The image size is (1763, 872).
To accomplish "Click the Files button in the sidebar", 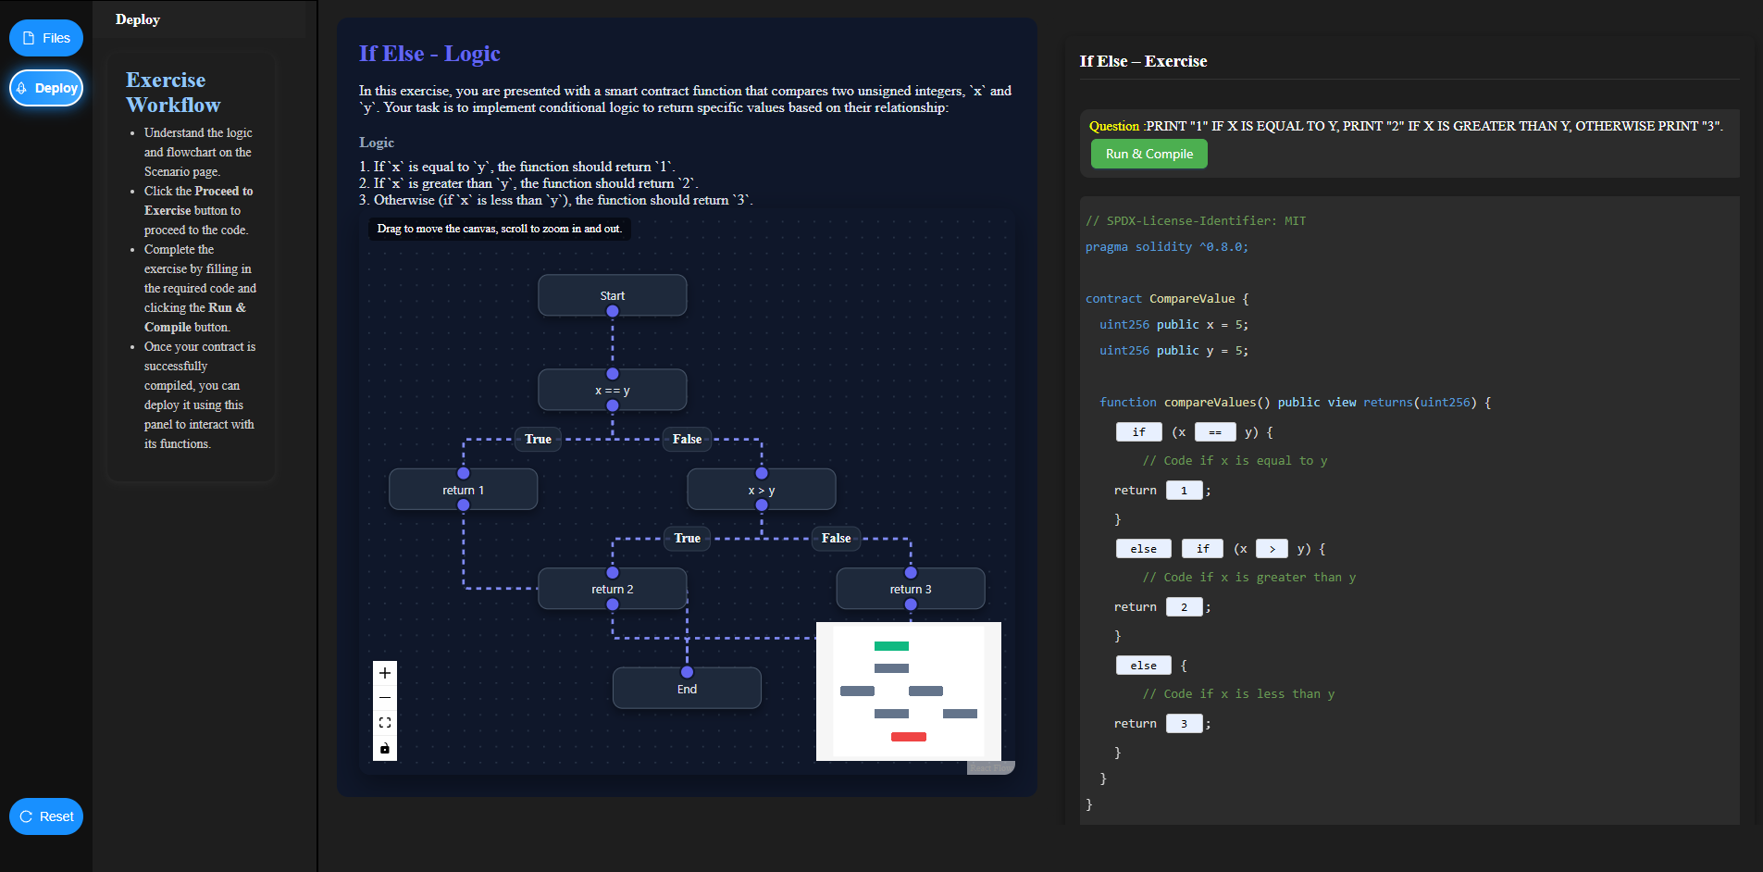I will point(46,38).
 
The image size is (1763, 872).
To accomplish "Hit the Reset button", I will point(46,816).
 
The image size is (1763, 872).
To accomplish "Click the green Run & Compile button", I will point(1148,154).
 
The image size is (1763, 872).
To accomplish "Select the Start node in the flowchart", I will point(612,295).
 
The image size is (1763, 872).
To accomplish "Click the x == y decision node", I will point(612,390).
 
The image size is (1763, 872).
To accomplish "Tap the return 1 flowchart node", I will point(463,490).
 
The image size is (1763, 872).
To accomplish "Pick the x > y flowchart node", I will point(761,490).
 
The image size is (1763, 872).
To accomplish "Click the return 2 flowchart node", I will point(612,589).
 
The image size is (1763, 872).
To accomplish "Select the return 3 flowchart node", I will point(910,589).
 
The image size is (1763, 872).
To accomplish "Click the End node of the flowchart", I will point(686,689).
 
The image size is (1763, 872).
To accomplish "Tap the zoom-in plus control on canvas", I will point(385,673).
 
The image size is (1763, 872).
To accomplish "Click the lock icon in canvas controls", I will point(385,748).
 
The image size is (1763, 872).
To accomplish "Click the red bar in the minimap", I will point(908,737).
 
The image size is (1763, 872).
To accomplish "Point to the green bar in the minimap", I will point(891,646).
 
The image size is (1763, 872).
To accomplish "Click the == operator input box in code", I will point(1214,432).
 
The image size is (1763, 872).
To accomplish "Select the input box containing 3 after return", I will point(1184,724).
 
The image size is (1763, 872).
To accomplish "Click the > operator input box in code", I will point(1272,549).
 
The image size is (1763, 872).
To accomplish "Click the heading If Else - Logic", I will point(429,54).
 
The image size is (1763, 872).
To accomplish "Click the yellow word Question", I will point(1113,126).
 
